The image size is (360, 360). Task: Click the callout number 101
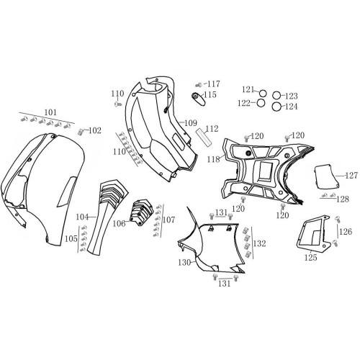pyautogui.click(x=50, y=112)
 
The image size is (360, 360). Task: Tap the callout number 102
pyautogui.click(x=95, y=130)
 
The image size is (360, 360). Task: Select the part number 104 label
pyautogui.click(x=82, y=217)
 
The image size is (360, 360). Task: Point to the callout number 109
pyautogui.click(x=191, y=123)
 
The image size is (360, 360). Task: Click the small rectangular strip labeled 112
pyautogui.click(x=204, y=137)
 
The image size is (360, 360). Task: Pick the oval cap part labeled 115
pyautogui.click(x=199, y=98)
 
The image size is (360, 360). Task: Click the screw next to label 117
pyautogui.click(x=199, y=84)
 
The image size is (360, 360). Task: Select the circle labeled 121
pyautogui.click(x=263, y=93)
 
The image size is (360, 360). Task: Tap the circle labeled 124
pyautogui.click(x=276, y=107)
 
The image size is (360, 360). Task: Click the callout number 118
pyautogui.click(x=214, y=159)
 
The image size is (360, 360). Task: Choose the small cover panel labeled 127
pyautogui.click(x=326, y=176)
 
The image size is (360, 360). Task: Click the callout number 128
pyautogui.click(x=343, y=199)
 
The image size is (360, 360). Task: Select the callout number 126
pyautogui.click(x=346, y=232)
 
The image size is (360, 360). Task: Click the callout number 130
pyautogui.click(x=184, y=263)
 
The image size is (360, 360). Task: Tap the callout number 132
pyautogui.click(x=260, y=243)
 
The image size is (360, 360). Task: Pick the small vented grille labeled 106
pyautogui.click(x=141, y=212)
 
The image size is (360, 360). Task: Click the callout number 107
pyautogui.click(x=169, y=220)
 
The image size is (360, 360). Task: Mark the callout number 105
pyautogui.click(x=71, y=238)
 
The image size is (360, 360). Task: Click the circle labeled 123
pyautogui.click(x=276, y=96)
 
